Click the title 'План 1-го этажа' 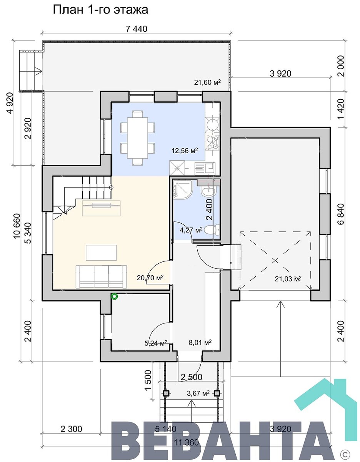click(x=100, y=10)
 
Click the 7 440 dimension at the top click(x=137, y=29)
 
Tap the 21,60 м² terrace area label click(x=207, y=82)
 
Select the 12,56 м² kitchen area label click(x=185, y=151)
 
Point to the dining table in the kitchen click(x=137, y=137)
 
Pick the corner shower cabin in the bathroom click(x=183, y=189)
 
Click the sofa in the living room click(x=101, y=276)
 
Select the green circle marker click(x=115, y=296)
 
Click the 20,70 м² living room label click(x=150, y=278)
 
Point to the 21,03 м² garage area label click(x=288, y=278)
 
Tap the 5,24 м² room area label click(x=156, y=343)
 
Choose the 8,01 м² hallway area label click(x=200, y=342)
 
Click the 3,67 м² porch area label click(x=198, y=393)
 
